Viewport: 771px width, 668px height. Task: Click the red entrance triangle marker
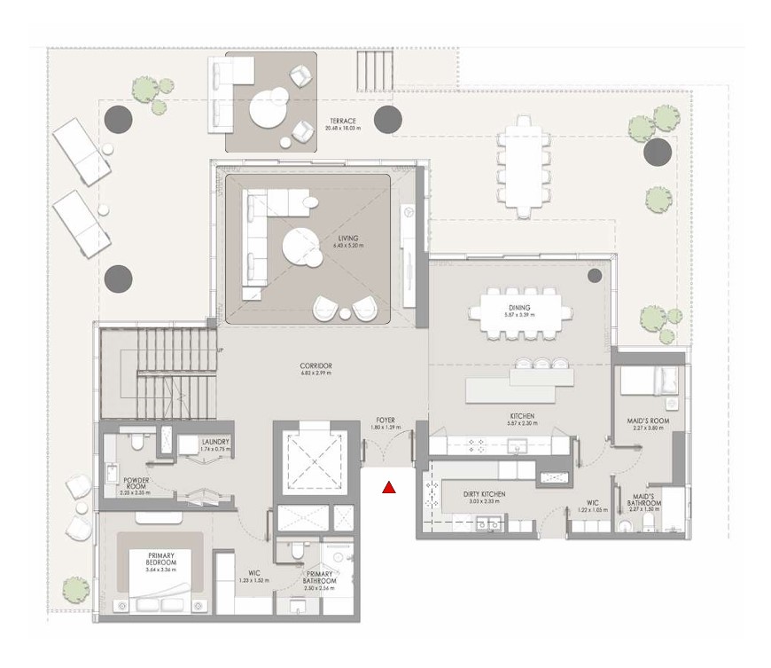point(388,486)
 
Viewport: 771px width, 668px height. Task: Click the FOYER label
point(385,421)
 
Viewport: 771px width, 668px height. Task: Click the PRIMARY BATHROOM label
point(318,580)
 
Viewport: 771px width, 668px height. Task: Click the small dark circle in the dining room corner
point(591,276)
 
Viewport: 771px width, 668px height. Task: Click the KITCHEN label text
point(522,416)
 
